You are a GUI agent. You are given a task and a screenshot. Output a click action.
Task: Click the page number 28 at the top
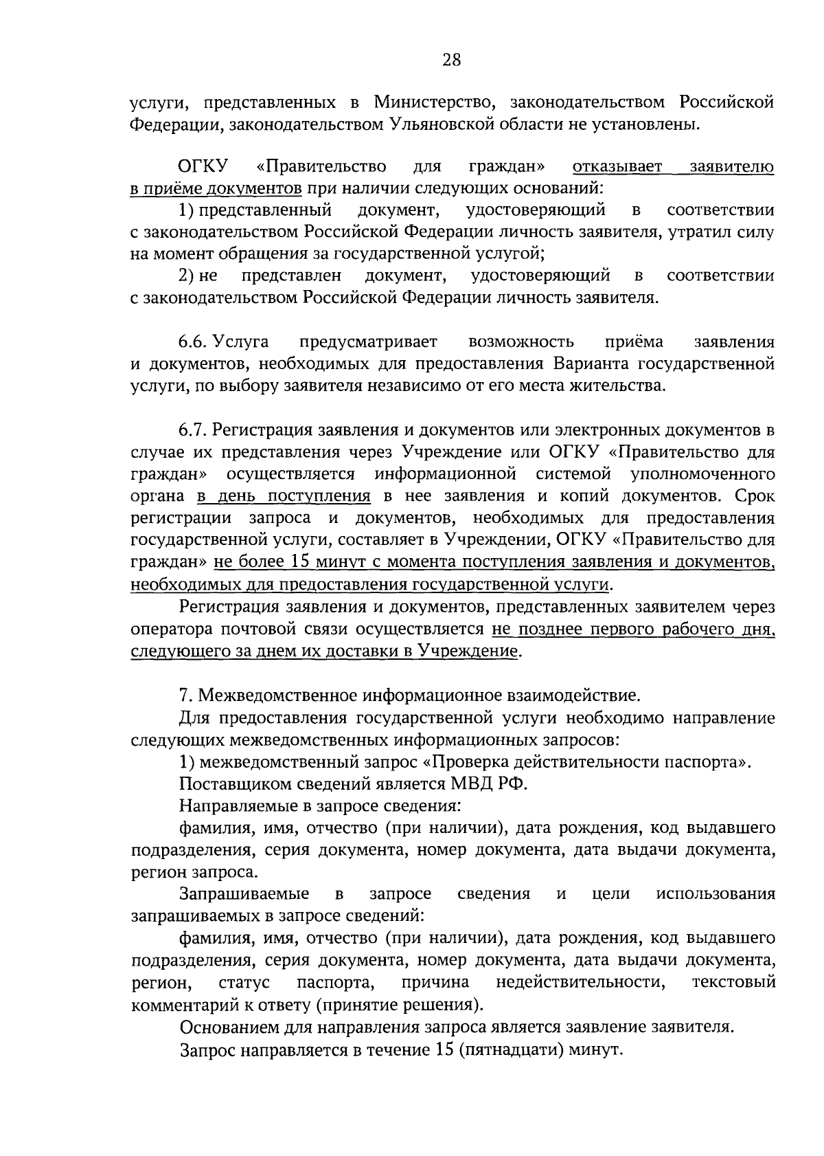point(451,60)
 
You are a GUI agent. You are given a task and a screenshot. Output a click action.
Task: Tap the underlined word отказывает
point(617,167)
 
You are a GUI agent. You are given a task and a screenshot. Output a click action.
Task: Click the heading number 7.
point(183,696)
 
